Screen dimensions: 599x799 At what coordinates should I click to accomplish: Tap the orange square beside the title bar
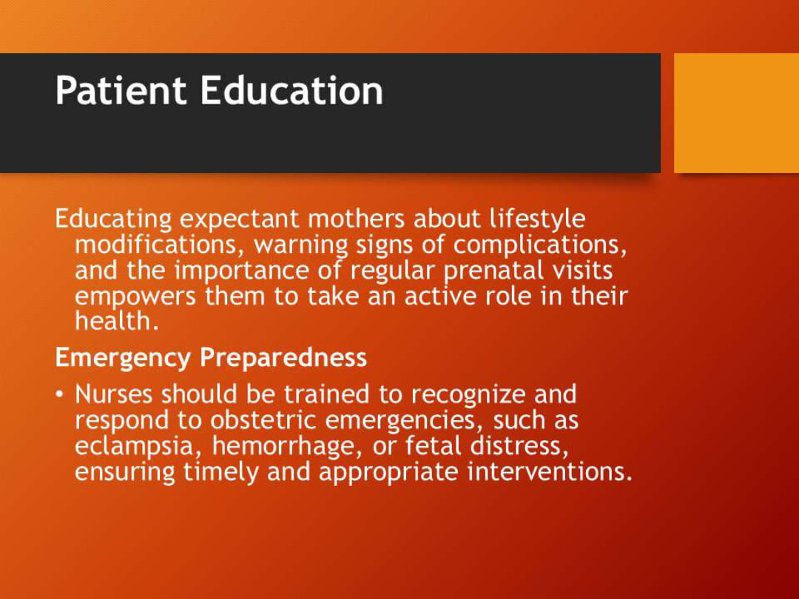click(736, 112)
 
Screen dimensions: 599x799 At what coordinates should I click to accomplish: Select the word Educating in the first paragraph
click(113, 220)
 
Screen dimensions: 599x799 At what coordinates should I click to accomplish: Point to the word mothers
click(356, 219)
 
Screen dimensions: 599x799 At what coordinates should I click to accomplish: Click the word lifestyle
click(537, 219)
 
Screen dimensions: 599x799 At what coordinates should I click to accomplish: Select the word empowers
click(135, 297)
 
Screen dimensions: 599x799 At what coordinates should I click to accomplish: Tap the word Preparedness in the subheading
click(283, 358)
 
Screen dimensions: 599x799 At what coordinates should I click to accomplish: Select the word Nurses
click(115, 394)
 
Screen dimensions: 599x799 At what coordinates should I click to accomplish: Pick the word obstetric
click(263, 420)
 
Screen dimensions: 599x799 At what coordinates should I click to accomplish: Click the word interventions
click(550, 472)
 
